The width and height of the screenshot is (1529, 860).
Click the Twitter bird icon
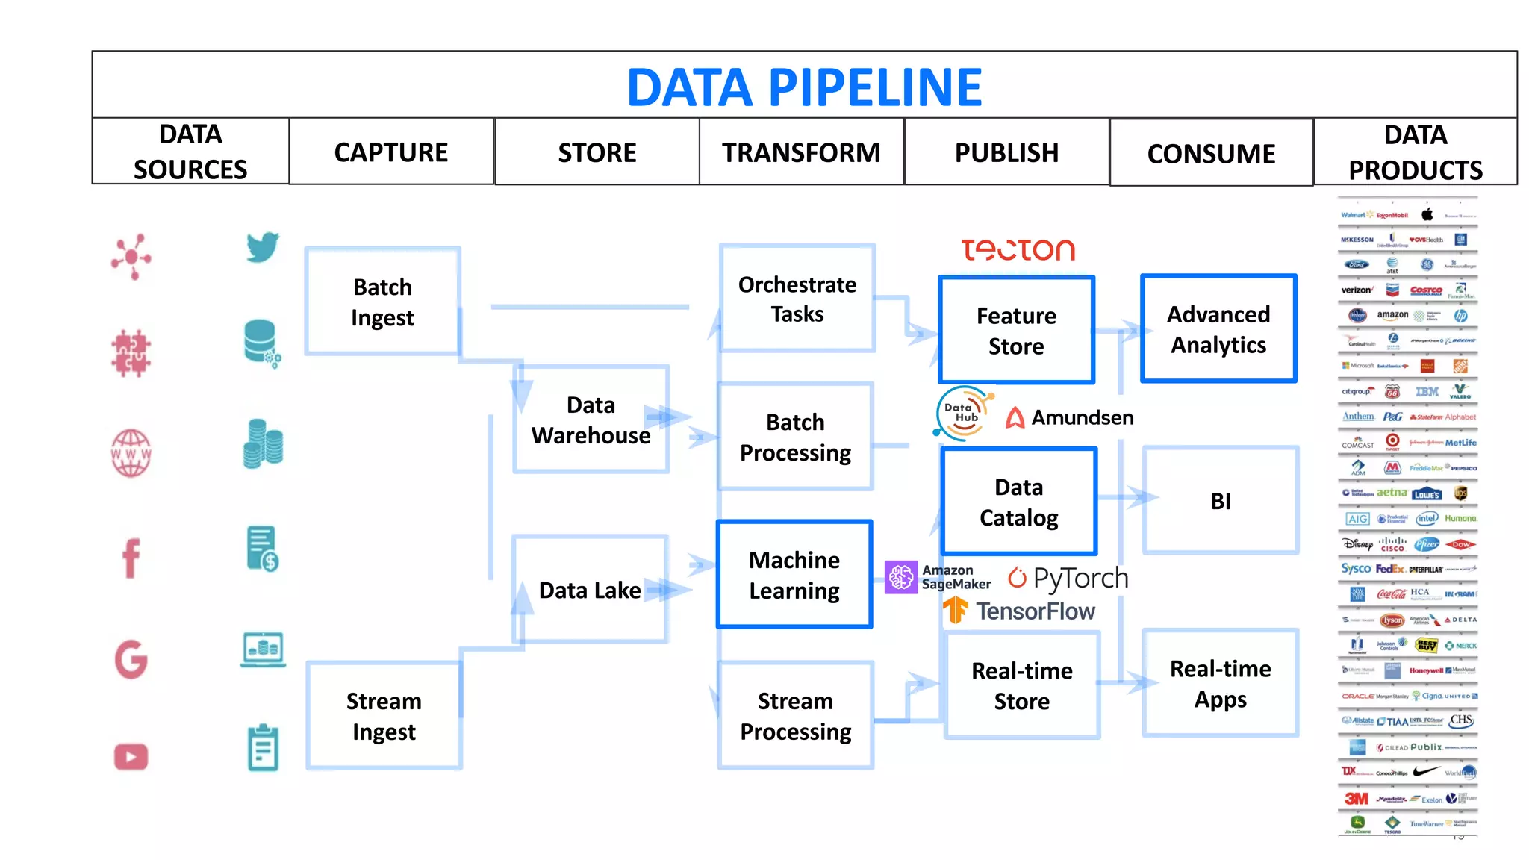tap(263, 247)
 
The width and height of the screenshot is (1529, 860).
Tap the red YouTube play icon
tap(131, 757)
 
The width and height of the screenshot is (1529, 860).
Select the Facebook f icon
tap(131, 558)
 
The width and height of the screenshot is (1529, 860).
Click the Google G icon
tap(131, 659)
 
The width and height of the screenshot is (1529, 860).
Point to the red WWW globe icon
tap(131, 453)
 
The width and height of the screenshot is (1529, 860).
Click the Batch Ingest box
tap(382, 302)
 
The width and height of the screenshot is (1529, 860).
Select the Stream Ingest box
tap(384, 716)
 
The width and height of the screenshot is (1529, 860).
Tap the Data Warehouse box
tap(591, 420)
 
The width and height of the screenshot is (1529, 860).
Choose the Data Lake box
tap(590, 590)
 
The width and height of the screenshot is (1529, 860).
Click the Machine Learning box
tap(794, 575)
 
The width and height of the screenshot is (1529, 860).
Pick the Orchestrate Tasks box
tap(797, 299)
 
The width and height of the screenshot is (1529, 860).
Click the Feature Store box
tap(1016, 330)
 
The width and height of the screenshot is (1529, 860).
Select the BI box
tap(1221, 501)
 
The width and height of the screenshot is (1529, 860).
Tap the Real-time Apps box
tap(1221, 684)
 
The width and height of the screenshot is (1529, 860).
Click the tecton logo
tap(1018, 250)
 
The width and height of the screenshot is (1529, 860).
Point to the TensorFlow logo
tap(1020, 611)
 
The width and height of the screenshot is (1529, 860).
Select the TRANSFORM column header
tap(801, 152)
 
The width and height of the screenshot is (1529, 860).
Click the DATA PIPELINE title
tap(804, 87)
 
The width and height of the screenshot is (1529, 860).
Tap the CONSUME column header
tap(1211, 154)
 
